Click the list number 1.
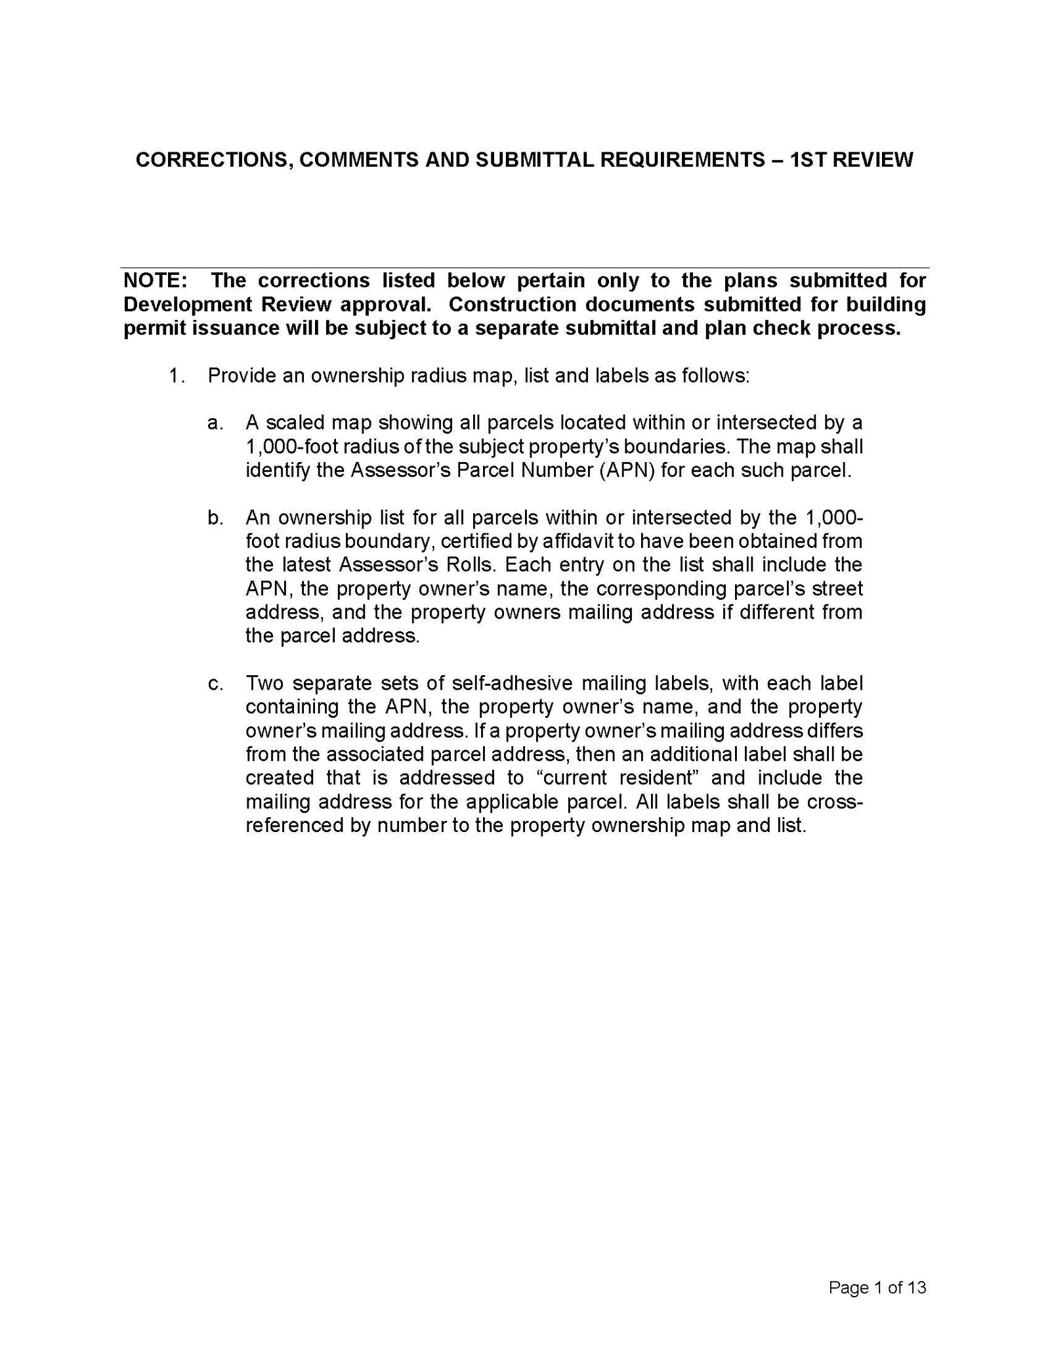175,376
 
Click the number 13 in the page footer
916,1287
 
